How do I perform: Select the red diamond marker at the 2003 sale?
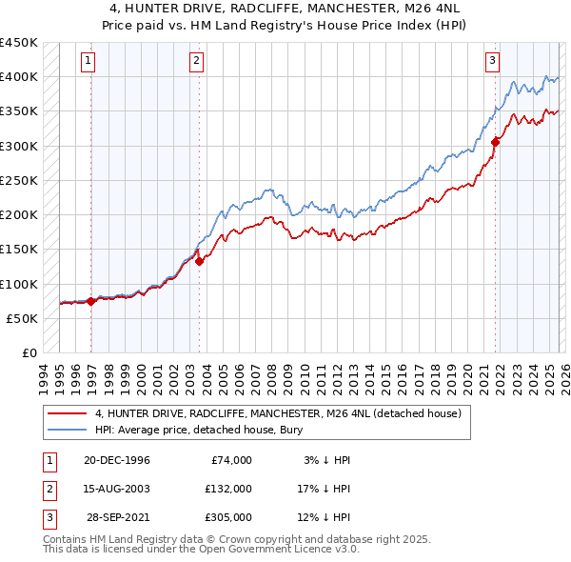tap(199, 262)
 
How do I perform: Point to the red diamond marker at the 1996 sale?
tap(91, 301)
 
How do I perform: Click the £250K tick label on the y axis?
tap(18, 180)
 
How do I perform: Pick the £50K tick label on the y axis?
tap(22, 318)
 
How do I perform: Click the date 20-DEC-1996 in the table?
tap(116, 460)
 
